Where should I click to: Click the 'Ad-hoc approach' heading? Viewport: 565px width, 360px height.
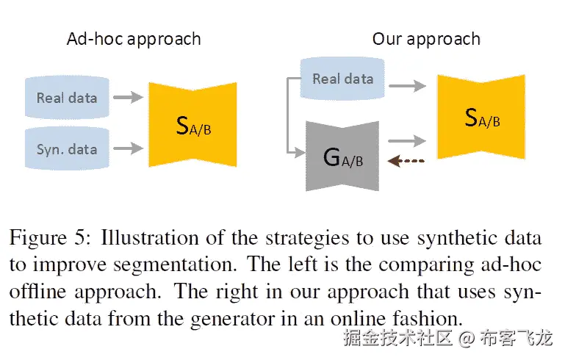(x=134, y=39)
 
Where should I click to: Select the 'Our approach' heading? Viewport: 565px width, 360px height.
(x=426, y=39)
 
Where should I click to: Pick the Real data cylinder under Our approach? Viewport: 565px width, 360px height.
(x=342, y=79)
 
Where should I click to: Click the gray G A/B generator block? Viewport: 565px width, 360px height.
(x=343, y=156)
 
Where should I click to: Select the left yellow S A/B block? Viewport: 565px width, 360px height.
(x=194, y=125)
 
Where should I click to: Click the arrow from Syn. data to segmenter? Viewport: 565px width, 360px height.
(x=129, y=149)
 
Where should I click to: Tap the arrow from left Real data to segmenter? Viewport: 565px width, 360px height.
(x=129, y=96)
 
